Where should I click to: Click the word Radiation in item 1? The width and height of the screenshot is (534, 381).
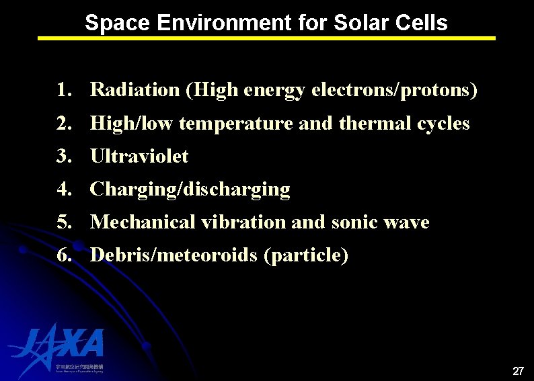coord(135,89)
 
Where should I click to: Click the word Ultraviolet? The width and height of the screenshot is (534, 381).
coord(139,157)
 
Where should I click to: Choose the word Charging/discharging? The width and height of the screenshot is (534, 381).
coord(190,189)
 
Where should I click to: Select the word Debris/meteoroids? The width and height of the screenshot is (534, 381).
coord(174,255)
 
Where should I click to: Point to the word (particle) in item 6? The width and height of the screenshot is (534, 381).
coord(306,255)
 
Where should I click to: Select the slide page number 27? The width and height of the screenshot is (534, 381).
coord(518,370)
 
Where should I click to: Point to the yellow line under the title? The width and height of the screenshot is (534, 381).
coord(266,38)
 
